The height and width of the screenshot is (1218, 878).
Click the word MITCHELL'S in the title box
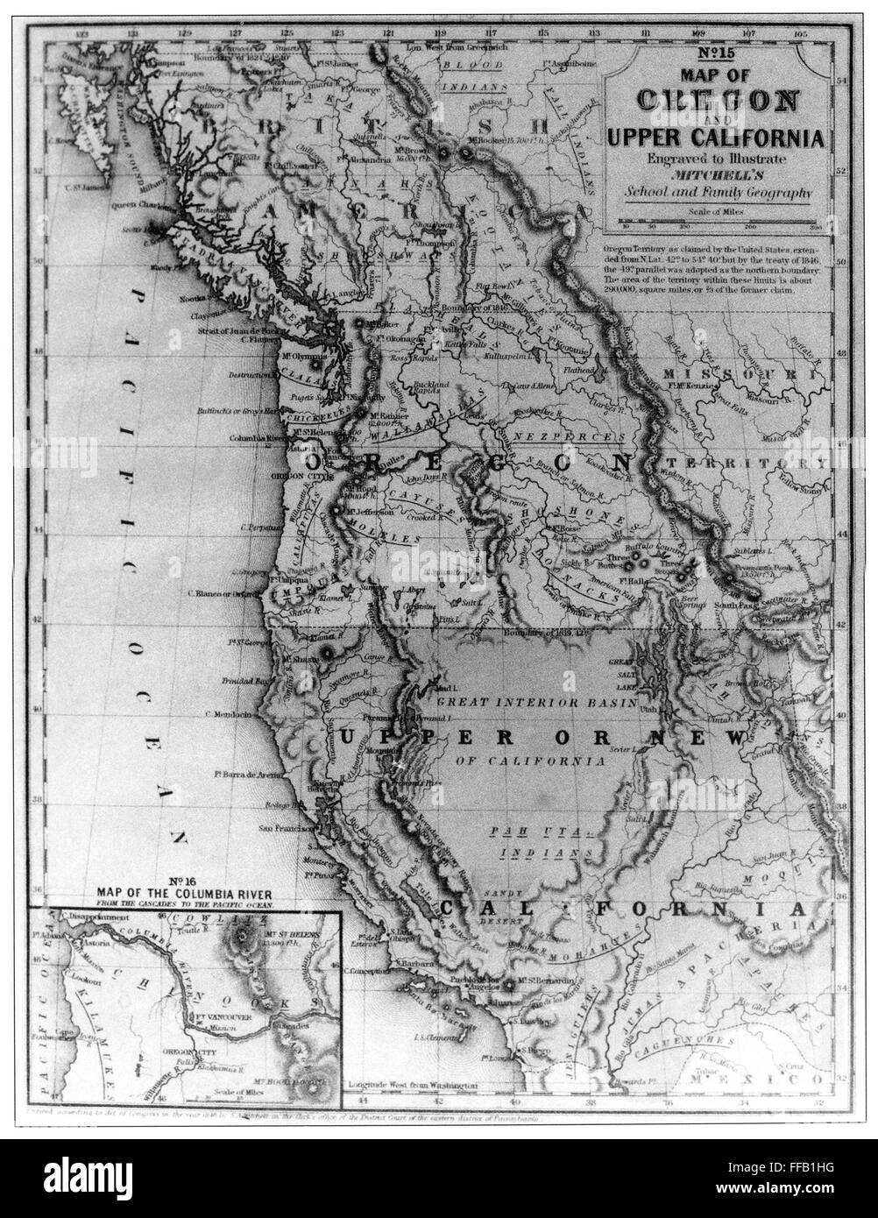(715, 175)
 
